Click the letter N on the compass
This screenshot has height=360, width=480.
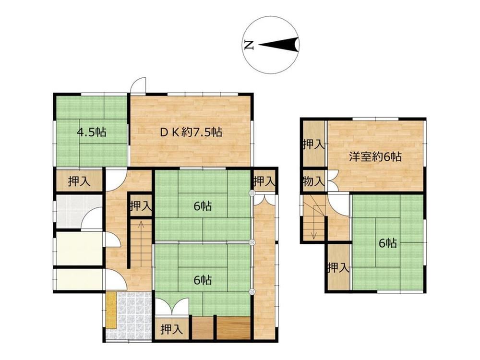click(x=250, y=45)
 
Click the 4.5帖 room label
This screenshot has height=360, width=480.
click(x=92, y=132)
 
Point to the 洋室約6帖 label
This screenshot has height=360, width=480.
click(x=375, y=157)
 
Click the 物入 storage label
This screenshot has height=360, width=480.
click(x=313, y=181)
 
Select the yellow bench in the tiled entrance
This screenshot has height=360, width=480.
click(x=111, y=311)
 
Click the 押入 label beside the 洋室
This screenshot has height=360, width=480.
click(x=313, y=144)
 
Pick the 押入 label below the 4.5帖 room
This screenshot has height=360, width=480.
click(x=79, y=181)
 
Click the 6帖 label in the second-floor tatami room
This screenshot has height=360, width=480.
click(x=388, y=243)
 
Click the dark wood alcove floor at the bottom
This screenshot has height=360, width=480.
click(x=234, y=328)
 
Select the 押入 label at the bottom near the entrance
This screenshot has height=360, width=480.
click(x=172, y=329)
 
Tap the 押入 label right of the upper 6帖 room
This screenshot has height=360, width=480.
click(x=264, y=181)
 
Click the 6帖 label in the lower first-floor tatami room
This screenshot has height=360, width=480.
click(x=203, y=280)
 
